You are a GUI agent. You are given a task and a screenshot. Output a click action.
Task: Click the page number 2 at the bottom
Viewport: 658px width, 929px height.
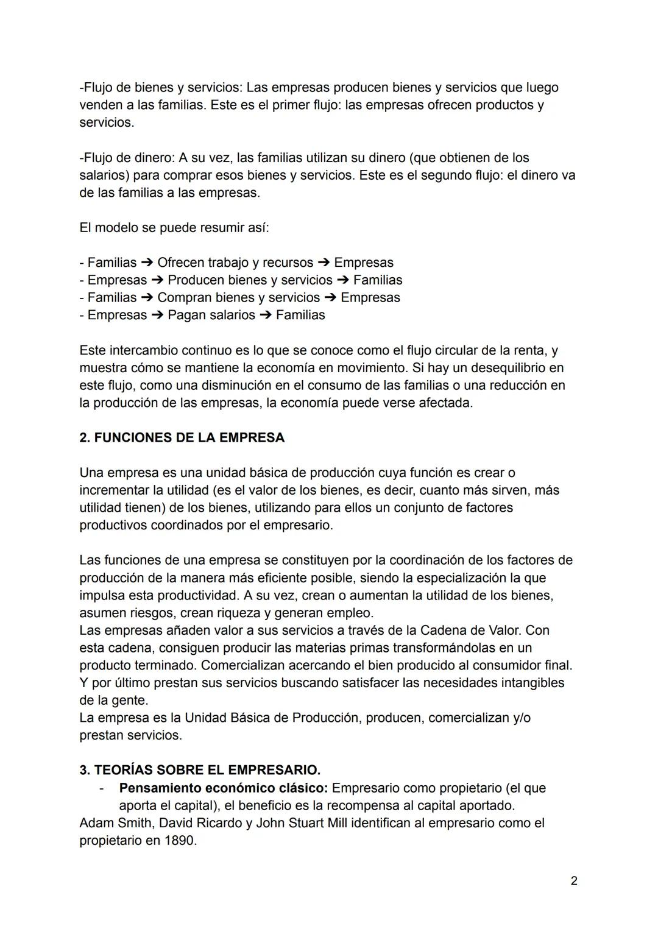574,881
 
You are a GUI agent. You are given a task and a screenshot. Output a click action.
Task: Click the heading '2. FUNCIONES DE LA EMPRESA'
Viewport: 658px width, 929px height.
182,438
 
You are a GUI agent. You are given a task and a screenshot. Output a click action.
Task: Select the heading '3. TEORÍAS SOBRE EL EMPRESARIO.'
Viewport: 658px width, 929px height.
200,770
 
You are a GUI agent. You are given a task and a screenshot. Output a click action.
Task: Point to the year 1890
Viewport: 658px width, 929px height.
180,841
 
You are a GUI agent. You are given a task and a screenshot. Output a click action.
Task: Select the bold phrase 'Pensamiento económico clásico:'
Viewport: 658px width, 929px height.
224,788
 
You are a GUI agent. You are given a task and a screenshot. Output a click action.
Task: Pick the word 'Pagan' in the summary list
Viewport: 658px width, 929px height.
186,315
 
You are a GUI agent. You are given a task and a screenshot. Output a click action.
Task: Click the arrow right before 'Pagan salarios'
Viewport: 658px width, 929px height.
158,315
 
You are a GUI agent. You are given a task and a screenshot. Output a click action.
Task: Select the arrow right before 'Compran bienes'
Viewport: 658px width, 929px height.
147,297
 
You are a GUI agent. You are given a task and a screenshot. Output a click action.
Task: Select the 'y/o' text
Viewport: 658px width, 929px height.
522,718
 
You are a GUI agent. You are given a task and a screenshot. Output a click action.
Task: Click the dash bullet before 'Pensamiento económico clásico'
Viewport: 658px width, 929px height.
102,788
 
